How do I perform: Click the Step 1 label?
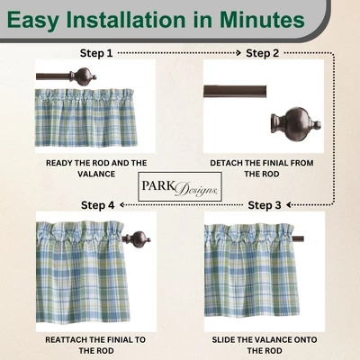click(96, 53)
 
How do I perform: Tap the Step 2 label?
click(263, 53)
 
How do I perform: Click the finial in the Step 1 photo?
click(85, 77)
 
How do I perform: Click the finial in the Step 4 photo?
click(139, 240)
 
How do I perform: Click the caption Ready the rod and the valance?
click(95, 168)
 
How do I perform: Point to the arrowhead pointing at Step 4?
click(121, 205)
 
